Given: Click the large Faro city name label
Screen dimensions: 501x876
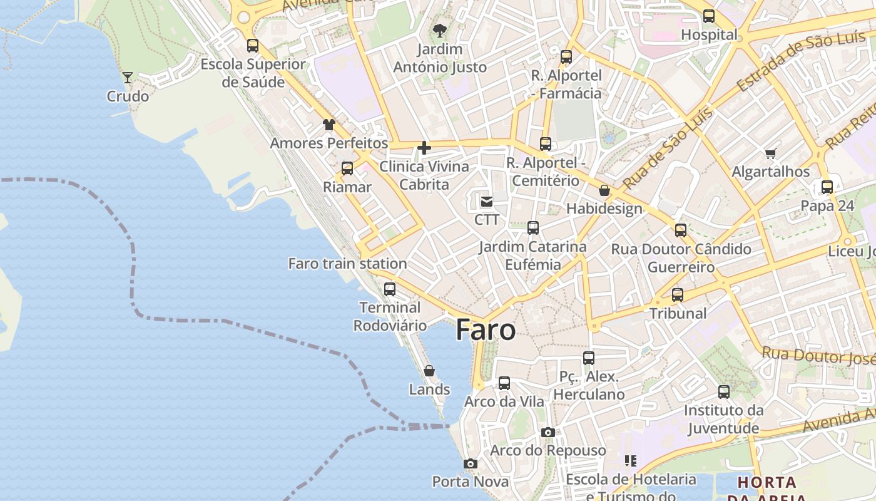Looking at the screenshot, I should [x=486, y=330].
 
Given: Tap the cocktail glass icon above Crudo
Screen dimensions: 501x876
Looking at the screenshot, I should [x=128, y=78].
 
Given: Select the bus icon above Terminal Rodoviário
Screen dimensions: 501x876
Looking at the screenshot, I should [x=390, y=289].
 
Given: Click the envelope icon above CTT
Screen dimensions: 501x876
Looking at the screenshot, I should [x=486, y=202].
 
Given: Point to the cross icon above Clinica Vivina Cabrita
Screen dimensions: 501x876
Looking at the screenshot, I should [x=424, y=148].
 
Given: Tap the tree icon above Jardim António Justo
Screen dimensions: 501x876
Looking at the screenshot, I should [x=440, y=30].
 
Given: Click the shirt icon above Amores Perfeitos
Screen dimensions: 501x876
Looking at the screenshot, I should [x=329, y=124].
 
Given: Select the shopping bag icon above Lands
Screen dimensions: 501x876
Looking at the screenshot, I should [x=429, y=371].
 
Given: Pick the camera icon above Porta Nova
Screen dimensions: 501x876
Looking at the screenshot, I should [x=471, y=463].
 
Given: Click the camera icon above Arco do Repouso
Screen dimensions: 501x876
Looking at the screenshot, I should [x=548, y=432].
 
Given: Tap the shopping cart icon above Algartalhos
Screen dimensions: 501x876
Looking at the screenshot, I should [x=771, y=153].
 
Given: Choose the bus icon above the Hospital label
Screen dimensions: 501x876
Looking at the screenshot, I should [x=709, y=16].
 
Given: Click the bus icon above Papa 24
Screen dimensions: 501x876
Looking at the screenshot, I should [x=827, y=187].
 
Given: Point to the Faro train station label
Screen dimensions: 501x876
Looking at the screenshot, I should [x=347, y=264].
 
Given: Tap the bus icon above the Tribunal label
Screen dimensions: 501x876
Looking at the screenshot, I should [x=678, y=295].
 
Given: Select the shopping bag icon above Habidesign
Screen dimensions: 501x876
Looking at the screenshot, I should [x=604, y=190].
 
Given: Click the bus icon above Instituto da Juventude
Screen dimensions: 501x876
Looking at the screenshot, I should [x=724, y=392].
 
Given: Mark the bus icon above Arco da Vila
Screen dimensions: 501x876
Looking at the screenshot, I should [x=504, y=383].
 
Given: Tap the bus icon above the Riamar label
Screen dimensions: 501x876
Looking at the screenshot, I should [x=347, y=168].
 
